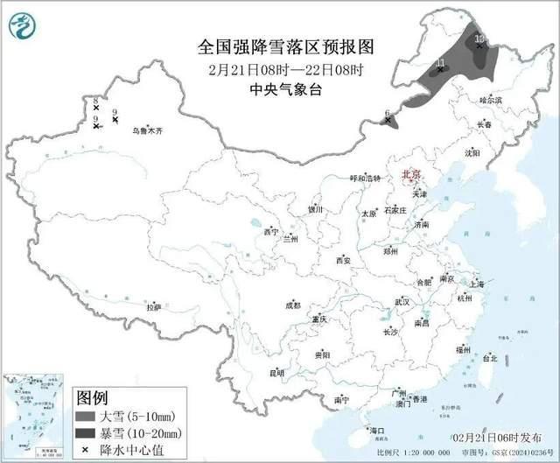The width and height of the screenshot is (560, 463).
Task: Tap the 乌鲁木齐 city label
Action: pos(147,130)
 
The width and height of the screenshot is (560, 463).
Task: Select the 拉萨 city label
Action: pos(154,307)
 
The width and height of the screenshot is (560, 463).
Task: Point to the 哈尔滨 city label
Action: pos(491,101)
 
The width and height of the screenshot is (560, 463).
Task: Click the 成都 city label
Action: pos(291,305)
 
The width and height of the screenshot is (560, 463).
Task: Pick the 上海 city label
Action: pos(477,284)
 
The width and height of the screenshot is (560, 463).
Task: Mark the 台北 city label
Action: pos(490,358)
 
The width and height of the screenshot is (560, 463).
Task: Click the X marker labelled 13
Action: pos(479,48)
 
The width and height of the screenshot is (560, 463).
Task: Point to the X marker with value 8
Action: pos(96,109)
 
